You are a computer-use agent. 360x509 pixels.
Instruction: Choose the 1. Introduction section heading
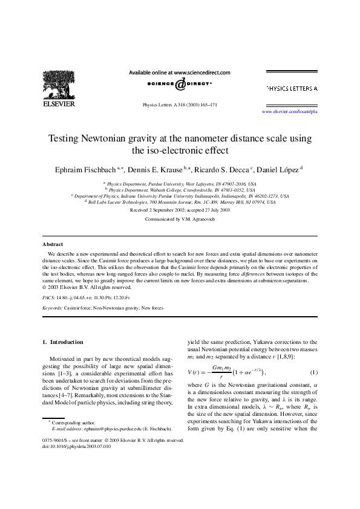63,342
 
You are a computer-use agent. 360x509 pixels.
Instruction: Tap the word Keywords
53,308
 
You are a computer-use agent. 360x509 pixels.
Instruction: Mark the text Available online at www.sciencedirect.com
180,71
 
